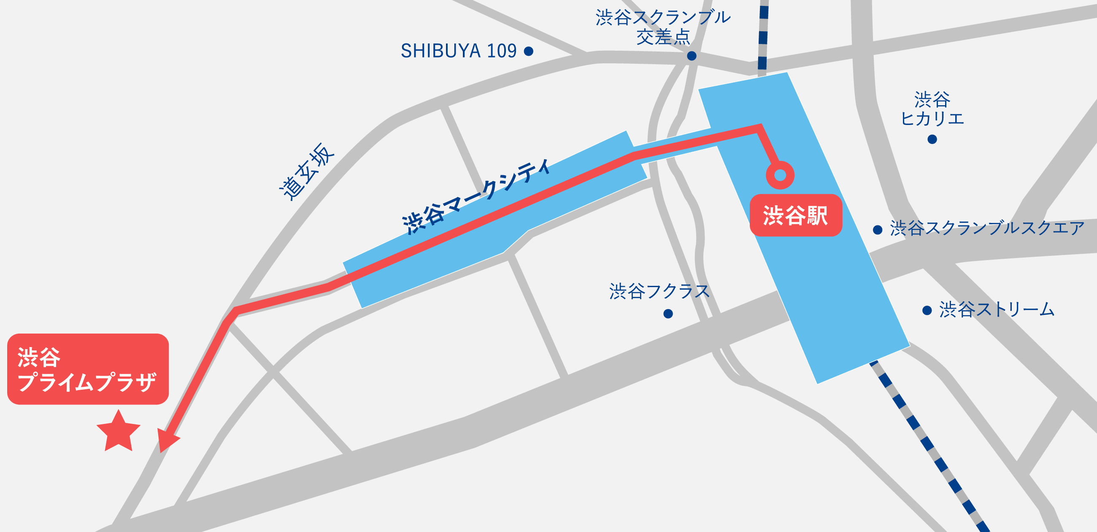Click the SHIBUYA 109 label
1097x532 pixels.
[x=458, y=51]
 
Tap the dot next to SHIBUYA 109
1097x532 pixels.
[x=529, y=51]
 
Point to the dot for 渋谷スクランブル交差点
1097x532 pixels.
[x=692, y=56]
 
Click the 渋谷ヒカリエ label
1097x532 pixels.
[x=932, y=109]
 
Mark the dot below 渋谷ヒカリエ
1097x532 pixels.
[x=932, y=139]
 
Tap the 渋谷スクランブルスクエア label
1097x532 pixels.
[x=987, y=228]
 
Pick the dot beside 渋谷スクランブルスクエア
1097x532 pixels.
[x=878, y=230]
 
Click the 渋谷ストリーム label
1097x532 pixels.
[x=997, y=310]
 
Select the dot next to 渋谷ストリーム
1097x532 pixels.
[x=927, y=310]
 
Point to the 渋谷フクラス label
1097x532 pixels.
[x=659, y=292]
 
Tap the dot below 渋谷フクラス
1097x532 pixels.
[x=668, y=314]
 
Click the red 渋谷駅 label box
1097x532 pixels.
[x=795, y=216]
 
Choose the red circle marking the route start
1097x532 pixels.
[x=780, y=175]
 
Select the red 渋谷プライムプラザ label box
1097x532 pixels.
[x=88, y=369]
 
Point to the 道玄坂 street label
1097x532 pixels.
[x=307, y=171]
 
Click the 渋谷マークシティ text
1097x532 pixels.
[x=477, y=196]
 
